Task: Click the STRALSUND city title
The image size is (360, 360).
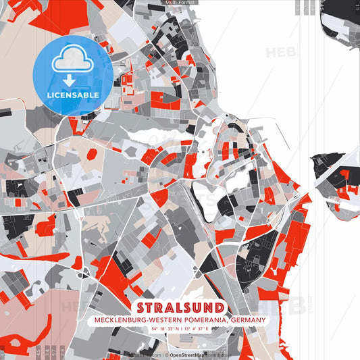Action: tap(180, 307)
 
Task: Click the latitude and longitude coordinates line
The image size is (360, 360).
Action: tap(180, 329)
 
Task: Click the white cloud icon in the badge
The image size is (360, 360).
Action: tap(72, 60)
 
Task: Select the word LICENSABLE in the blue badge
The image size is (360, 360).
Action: tap(73, 95)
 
